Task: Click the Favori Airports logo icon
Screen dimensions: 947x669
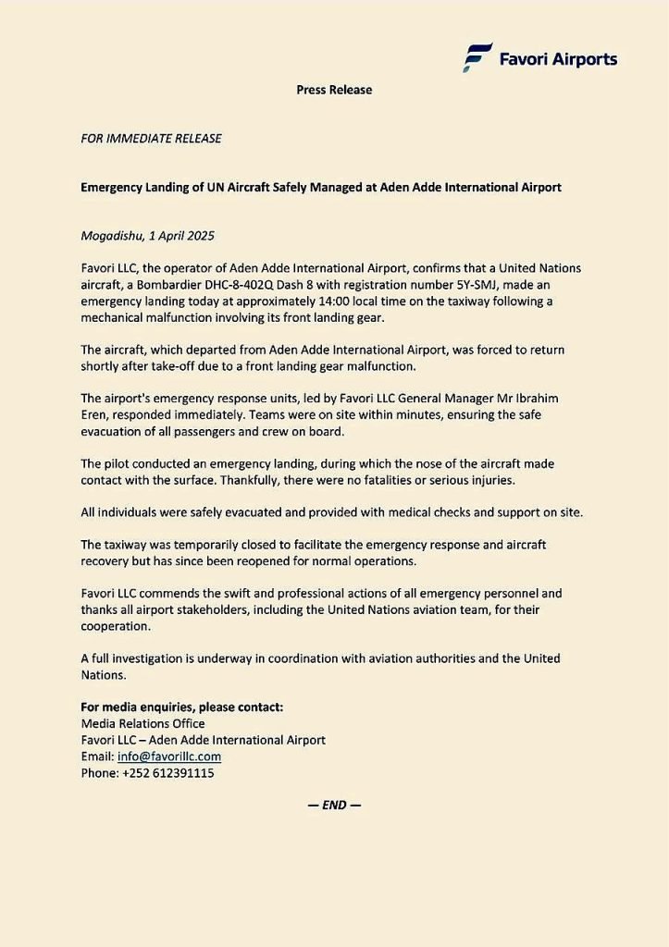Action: [478, 57]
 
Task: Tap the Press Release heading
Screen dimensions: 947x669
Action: [334, 90]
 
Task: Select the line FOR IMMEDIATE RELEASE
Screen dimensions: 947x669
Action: [152, 139]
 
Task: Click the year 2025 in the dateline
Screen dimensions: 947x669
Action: [200, 236]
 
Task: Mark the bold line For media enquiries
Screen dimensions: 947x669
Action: [182, 707]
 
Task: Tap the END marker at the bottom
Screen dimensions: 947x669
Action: [334, 805]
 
